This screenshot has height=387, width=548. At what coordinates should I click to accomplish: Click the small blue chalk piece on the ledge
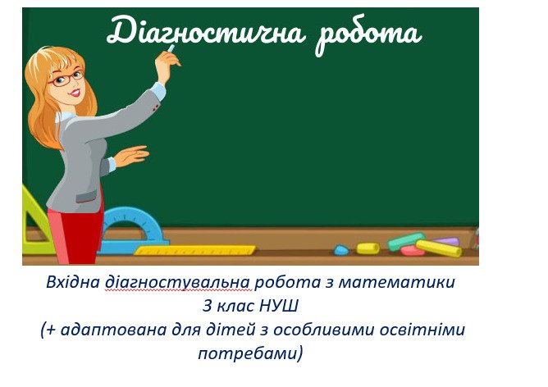point(341,250)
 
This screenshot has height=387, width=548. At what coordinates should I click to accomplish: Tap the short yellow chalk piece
point(368,248)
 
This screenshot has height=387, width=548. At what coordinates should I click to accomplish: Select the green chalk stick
point(406,241)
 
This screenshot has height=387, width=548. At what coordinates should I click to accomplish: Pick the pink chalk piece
point(413,250)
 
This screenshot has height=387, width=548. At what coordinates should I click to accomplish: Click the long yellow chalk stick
point(439,248)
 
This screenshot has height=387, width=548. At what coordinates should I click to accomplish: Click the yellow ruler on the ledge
point(194,250)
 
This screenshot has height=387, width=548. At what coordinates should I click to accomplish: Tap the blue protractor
point(135,230)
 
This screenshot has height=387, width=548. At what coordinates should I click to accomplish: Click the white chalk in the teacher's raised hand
point(171,48)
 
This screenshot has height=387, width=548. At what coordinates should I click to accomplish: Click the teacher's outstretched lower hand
point(132,156)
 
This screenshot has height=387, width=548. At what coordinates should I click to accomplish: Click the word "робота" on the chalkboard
point(368,35)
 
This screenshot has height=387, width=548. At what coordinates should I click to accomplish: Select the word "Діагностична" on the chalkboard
point(205,30)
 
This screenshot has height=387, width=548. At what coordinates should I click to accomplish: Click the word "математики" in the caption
point(397,282)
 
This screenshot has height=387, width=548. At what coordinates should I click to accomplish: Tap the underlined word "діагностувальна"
point(178,283)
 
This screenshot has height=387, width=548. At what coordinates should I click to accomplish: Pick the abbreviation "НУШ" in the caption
point(279,307)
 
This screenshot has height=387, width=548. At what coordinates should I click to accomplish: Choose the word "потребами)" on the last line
point(250,354)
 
